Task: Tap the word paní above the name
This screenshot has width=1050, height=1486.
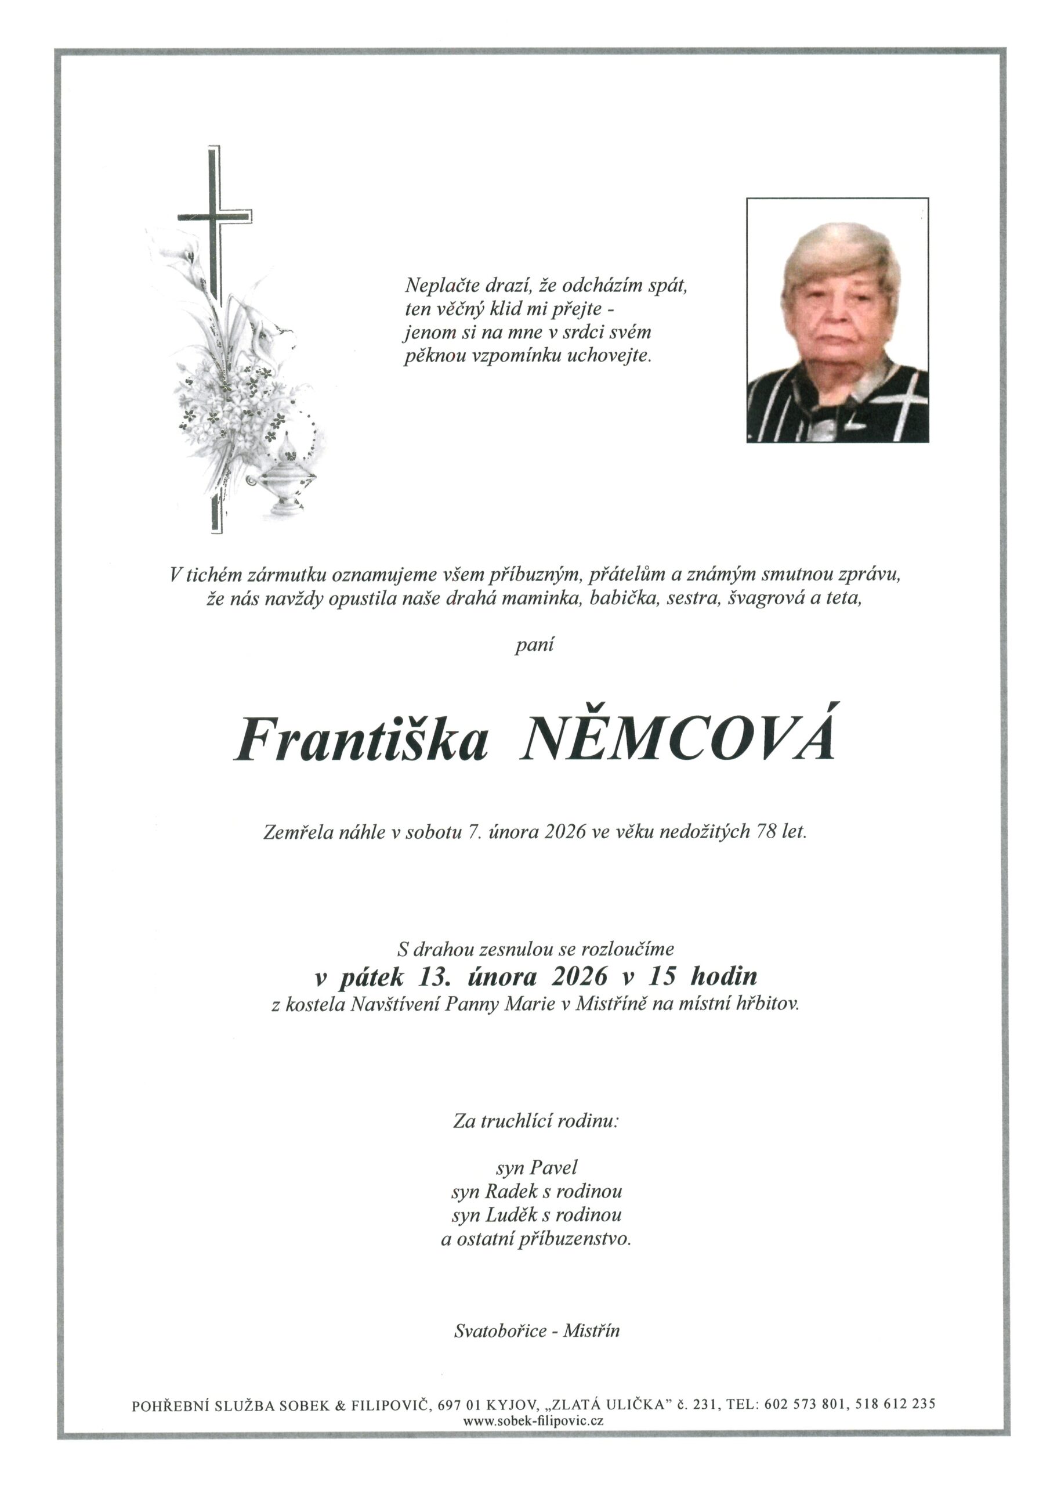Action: (534, 646)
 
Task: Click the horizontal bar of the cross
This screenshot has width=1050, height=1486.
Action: (215, 216)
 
